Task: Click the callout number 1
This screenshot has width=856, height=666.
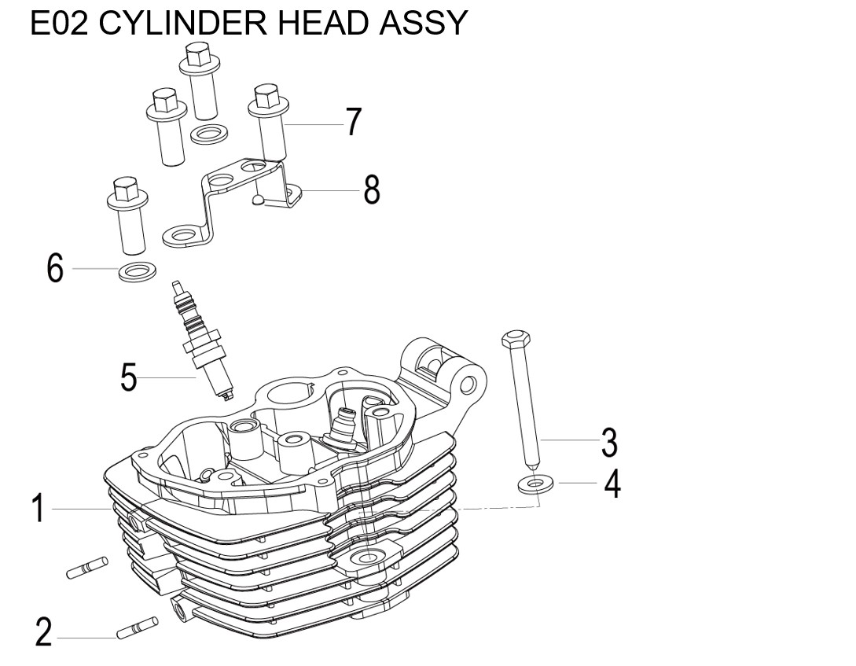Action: tap(36, 509)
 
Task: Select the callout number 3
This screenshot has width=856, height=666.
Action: tap(609, 442)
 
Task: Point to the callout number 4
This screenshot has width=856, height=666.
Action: tap(612, 484)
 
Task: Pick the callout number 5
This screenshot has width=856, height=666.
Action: tap(128, 378)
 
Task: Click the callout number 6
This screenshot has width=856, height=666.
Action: tap(54, 269)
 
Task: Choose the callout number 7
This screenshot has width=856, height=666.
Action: tap(353, 123)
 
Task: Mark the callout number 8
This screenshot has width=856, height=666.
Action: tap(371, 189)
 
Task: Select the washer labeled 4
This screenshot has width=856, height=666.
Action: tap(535, 484)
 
